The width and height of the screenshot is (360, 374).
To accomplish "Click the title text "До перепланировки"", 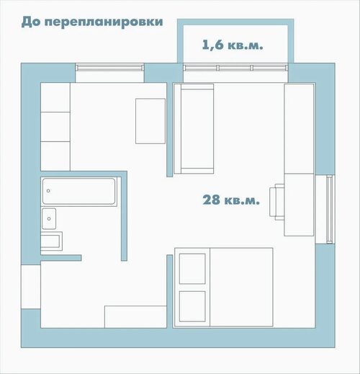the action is pos(92,22).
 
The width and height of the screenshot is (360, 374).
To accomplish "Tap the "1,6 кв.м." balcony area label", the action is pos(233,45).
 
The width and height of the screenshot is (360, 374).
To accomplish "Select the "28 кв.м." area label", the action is pos(231,200).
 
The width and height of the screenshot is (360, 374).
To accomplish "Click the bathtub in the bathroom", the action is pos(78,191).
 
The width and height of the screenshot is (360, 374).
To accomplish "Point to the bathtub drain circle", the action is pos(48,191).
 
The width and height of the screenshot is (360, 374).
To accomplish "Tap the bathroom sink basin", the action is pos(49,218).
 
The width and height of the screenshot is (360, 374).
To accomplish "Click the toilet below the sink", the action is pos(51,241).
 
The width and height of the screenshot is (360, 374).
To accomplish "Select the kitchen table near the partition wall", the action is pos(150,121).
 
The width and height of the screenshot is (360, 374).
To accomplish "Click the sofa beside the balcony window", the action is pos(194,128).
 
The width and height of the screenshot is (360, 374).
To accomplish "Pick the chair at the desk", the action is pos(277,202).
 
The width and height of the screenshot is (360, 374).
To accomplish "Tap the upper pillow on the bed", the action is pos(192,269).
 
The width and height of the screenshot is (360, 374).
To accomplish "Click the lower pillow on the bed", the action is pos(192,306).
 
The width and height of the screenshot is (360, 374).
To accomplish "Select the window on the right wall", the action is pos(330,209).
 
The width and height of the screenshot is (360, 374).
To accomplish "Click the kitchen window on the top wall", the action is pos(109,68).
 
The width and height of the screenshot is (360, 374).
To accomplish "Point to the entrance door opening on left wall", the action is pos(31,287).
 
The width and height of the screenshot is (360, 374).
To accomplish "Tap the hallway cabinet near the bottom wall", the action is pos(135,317).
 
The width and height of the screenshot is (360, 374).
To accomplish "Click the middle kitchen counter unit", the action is pos(55,127).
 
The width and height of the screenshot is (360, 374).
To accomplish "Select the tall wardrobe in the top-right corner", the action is pos(299,128).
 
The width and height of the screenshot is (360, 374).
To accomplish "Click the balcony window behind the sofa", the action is pos(235,68).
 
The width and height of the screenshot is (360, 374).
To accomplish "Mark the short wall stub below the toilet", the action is pos(61,258).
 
